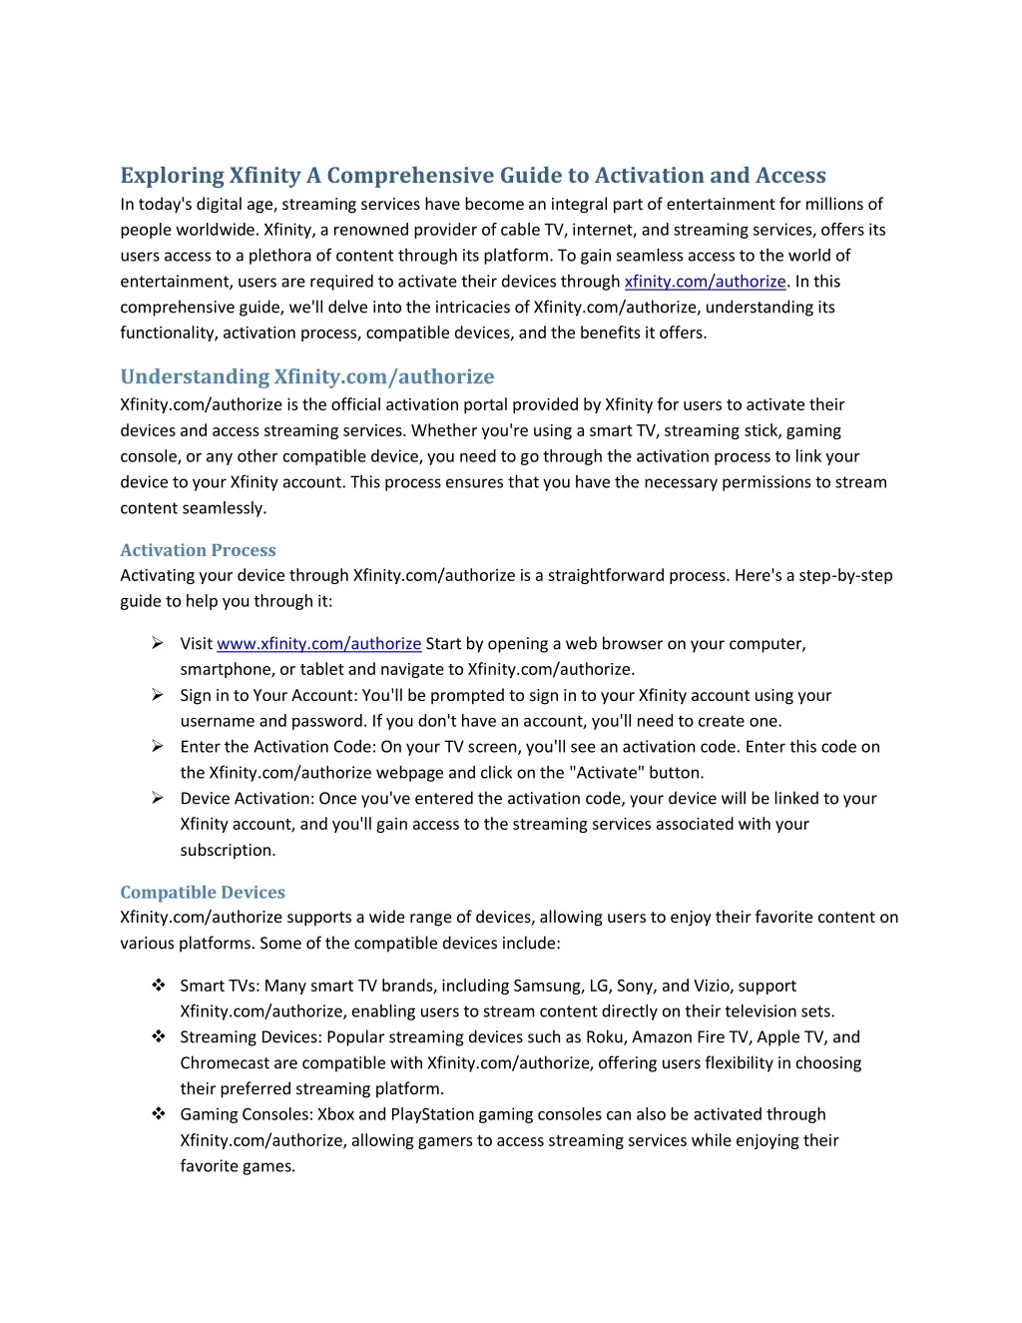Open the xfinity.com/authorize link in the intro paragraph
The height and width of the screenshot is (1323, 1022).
[705, 282]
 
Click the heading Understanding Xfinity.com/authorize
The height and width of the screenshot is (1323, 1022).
[306, 376]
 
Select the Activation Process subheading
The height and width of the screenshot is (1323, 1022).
[198, 550]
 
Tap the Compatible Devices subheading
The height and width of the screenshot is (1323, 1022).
[203, 893]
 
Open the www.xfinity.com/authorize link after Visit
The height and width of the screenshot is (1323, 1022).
[318, 644]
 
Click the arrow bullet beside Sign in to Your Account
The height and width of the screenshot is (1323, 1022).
[158, 695]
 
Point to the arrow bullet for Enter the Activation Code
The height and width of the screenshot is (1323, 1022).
[158, 746]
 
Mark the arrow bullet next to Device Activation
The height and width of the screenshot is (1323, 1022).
[158, 798]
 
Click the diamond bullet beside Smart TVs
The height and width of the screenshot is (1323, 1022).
[158, 986]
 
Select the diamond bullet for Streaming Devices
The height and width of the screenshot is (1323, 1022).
[158, 1036]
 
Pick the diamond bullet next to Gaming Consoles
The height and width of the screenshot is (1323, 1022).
[158, 1113]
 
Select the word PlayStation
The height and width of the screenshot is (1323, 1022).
[432, 1114]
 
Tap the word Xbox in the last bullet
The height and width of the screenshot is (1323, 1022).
[335, 1114]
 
